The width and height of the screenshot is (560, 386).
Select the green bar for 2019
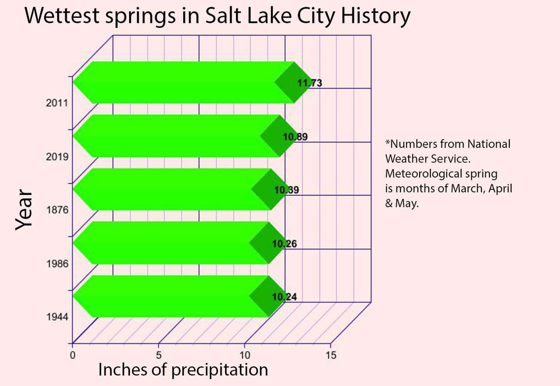tap(173, 136)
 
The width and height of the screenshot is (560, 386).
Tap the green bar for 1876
tap(169, 189)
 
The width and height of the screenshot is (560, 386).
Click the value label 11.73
tap(310, 83)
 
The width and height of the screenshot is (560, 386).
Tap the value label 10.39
tap(286, 190)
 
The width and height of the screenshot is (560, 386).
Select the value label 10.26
tap(285, 244)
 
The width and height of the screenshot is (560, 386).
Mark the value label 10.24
tap(285, 297)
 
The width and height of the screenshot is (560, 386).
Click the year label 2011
tap(57, 103)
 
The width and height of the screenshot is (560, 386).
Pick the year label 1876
tap(57, 210)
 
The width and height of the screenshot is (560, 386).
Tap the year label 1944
tap(57, 317)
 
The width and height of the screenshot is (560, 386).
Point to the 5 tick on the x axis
tap(159, 355)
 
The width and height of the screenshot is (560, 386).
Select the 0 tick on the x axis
tap(72, 355)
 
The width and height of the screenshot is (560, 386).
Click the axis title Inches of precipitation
tap(183, 370)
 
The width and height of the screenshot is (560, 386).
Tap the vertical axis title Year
tap(24, 210)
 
